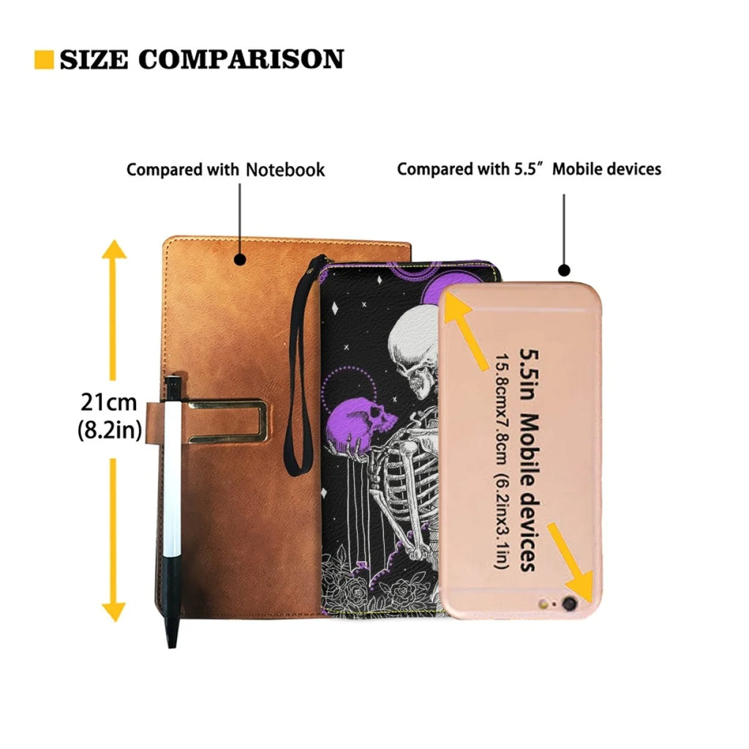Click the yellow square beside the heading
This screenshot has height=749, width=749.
click(x=44, y=60)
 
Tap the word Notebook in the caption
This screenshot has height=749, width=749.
click(x=285, y=170)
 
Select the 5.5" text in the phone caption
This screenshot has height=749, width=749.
click(x=530, y=169)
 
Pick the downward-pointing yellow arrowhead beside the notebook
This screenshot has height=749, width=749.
click(x=114, y=610)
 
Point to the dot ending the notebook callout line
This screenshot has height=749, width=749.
click(x=239, y=258)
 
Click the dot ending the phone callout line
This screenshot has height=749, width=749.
click(x=564, y=271)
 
